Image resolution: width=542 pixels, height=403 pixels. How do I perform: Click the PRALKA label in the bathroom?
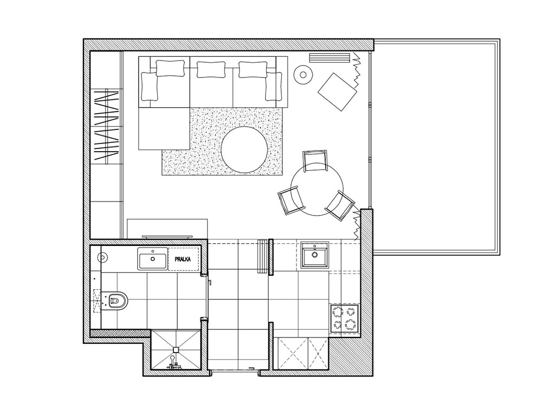click(x=183, y=259)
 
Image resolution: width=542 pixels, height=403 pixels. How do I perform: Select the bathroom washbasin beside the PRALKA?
click(x=152, y=258)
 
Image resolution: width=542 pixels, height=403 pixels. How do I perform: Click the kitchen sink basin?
click(x=314, y=255)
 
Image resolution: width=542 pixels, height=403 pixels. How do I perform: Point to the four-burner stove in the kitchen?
click(x=344, y=318)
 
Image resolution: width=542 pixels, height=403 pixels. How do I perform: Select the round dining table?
click(x=317, y=190)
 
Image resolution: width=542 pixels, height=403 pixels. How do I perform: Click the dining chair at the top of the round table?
click(x=315, y=161)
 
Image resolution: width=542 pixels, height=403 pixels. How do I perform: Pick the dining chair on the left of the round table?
click(x=292, y=200)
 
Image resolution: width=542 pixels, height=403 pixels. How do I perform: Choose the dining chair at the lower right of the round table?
click(x=340, y=206)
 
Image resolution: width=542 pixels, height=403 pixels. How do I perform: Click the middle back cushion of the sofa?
click(x=211, y=69)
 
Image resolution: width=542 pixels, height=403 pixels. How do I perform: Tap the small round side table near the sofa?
click(x=303, y=74)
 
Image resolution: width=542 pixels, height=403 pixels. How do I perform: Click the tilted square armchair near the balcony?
click(x=337, y=92)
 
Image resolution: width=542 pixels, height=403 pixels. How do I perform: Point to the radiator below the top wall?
click(x=330, y=58)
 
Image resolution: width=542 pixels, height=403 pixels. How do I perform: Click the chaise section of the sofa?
click(x=164, y=128)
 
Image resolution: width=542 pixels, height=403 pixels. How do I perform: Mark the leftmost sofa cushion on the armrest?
click(x=149, y=87)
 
